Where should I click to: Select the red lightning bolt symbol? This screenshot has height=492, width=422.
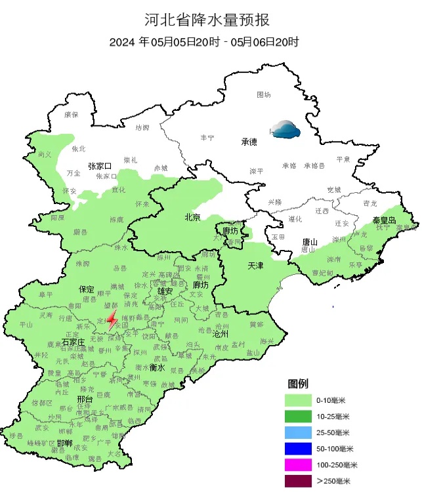[x=112, y=320]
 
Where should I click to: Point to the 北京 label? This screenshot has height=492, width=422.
[x=192, y=217]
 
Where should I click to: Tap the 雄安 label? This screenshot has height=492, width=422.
[x=165, y=290]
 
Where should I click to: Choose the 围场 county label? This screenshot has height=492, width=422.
[x=264, y=95]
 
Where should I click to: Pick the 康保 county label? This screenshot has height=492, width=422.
[x=72, y=114]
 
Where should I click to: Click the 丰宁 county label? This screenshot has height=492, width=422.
[x=207, y=137]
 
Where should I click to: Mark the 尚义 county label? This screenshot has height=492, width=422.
[x=45, y=155]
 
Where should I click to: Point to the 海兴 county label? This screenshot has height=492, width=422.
[x=266, y=341]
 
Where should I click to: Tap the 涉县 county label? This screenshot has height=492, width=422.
[x=16, y=435]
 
